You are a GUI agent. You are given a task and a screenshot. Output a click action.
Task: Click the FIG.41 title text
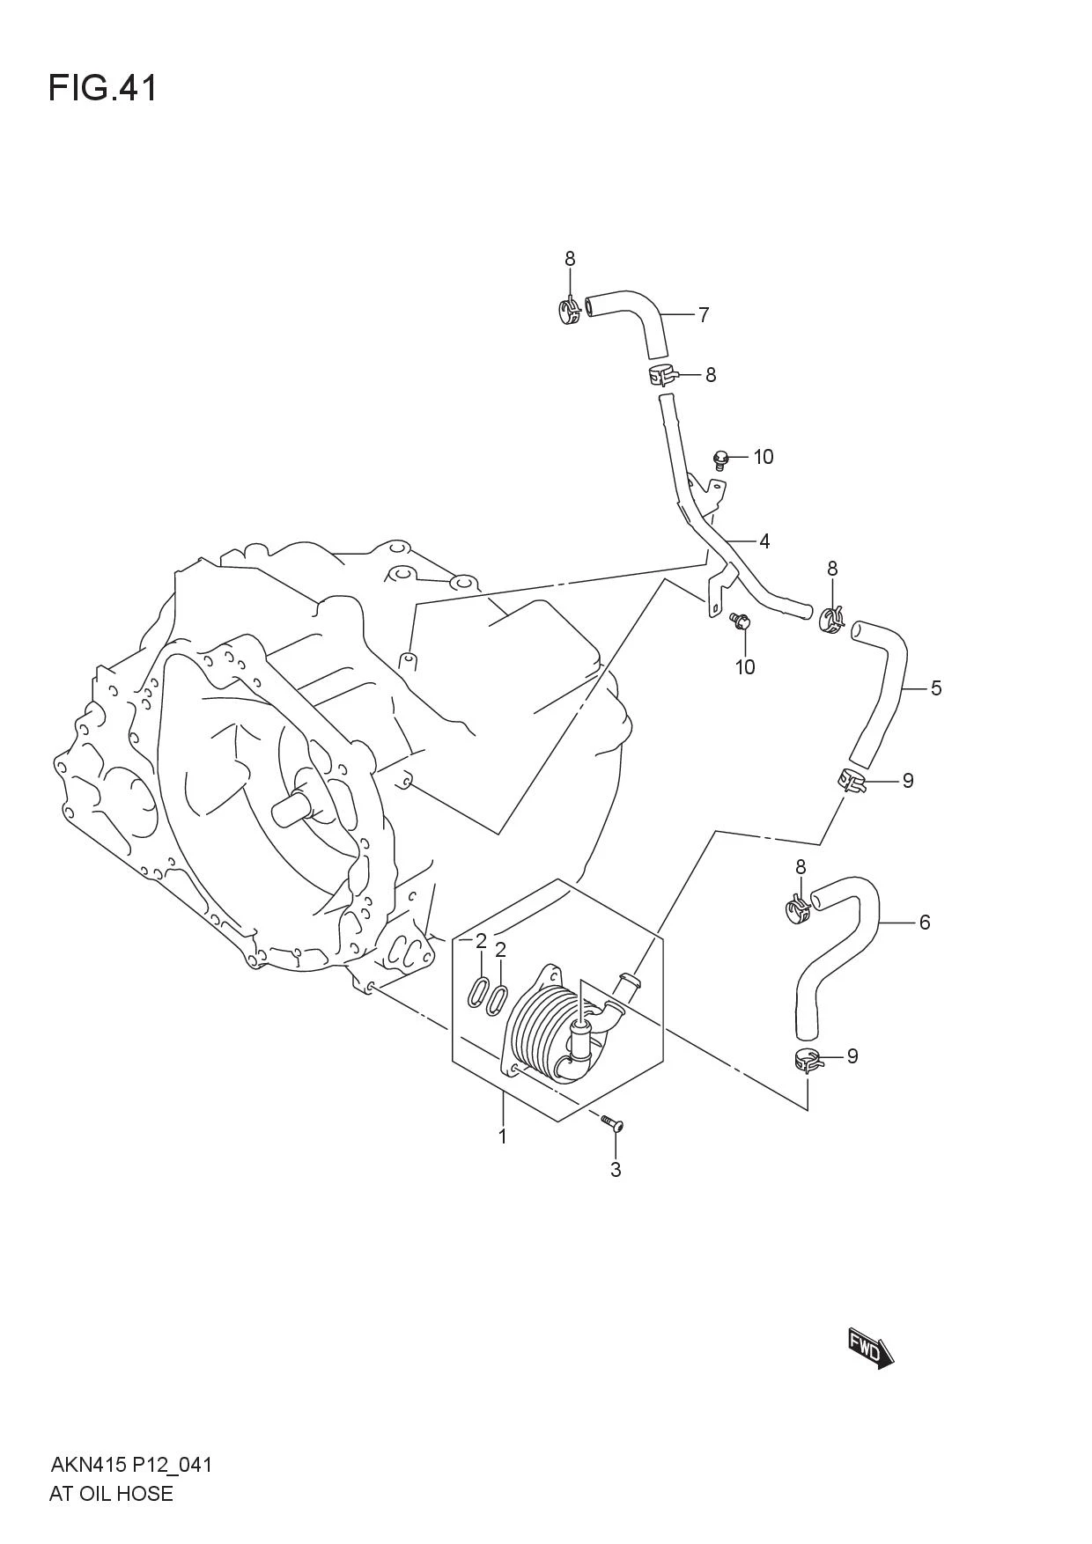pyautogui.click(x=103, y=88)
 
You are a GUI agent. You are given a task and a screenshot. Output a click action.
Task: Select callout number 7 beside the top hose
pyautogui.click(x=704, y=315)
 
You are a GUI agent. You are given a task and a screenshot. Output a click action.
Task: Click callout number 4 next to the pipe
pyautogui.click(x=764, y=541)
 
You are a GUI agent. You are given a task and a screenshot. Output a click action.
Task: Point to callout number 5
pyautogui.click(x=936, y=687)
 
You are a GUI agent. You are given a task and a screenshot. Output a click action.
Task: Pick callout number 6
pyautogui.click(x=925, y=923)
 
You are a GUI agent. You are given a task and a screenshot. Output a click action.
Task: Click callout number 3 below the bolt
pyautogui.click(x=616, y=1170)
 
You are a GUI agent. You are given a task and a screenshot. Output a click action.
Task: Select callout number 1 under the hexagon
pyautogui.click(x=503, y=1136)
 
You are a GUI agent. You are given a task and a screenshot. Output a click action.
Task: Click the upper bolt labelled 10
pyautogui.click(x=721, y=458)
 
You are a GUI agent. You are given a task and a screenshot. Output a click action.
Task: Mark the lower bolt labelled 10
pyautogui.click(x=740, y=622)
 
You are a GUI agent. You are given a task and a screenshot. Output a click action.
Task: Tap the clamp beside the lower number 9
pyautogui.click(x=808, y=1062)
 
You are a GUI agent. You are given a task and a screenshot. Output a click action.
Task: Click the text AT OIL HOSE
pyautogui.click(x=112, y=1494)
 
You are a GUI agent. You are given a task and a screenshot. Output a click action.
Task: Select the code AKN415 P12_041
pyautogui.click(x=131, y=1466)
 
